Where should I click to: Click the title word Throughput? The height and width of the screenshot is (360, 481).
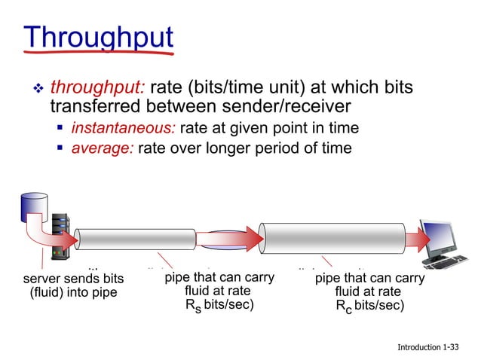[x=98, y=38]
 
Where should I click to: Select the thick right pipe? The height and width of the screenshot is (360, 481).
[x=332, y=239]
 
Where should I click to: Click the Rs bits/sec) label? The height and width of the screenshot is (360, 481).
[x=218, y=305]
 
